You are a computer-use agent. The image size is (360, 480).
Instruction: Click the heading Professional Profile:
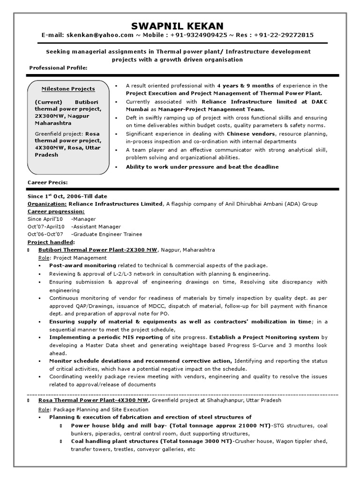[x=58, y=68]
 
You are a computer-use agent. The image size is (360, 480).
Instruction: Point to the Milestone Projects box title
[x=68, y=89]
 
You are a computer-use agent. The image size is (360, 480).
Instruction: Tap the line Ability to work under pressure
[x=202, y=166]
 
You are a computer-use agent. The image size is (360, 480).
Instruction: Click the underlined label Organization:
[x=47, y=204]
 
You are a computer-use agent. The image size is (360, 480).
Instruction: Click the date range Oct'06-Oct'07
[x=45, y=234]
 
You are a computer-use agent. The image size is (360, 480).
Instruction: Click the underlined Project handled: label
[x=51, y=242]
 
